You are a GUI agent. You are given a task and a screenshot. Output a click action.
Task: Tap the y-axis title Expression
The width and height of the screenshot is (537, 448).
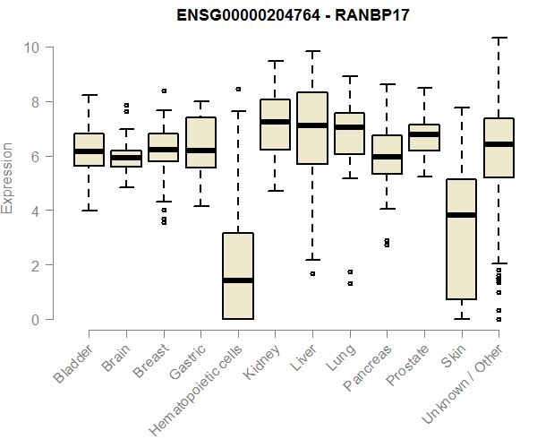[x=8, y=177]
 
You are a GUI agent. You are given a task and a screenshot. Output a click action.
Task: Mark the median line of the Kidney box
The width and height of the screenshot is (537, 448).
[x=275, y=122]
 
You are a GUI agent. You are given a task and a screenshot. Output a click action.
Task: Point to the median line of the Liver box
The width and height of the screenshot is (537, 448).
[x=312, y=125]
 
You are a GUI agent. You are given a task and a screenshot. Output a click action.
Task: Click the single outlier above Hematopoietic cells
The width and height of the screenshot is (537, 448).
[x=238, y=90]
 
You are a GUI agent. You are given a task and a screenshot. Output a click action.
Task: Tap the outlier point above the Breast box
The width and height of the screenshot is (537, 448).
[x=164, y=90]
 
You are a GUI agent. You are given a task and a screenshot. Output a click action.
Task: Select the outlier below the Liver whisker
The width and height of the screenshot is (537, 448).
[x=312, y=273]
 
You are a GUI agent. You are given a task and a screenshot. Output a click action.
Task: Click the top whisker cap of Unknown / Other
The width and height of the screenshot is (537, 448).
[x=499, y=38]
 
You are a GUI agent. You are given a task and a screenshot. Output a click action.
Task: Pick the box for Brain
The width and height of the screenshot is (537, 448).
[x=126, y=159]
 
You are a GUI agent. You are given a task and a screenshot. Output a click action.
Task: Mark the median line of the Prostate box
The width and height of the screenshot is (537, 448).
[x=424, y=134]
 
